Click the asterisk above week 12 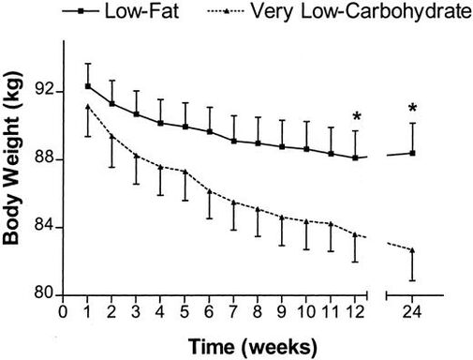click(x=356, y=117)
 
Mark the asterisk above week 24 click(x=412, y=109)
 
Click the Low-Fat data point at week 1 click(x=88, y=86)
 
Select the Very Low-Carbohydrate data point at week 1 click(x=88, y=107)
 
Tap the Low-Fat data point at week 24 click(x=412, y=153)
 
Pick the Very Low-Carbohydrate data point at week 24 click(x=412, y=250)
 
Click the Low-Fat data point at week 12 click(x=355, y=157)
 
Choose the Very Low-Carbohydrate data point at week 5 click(x=185, y=172)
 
